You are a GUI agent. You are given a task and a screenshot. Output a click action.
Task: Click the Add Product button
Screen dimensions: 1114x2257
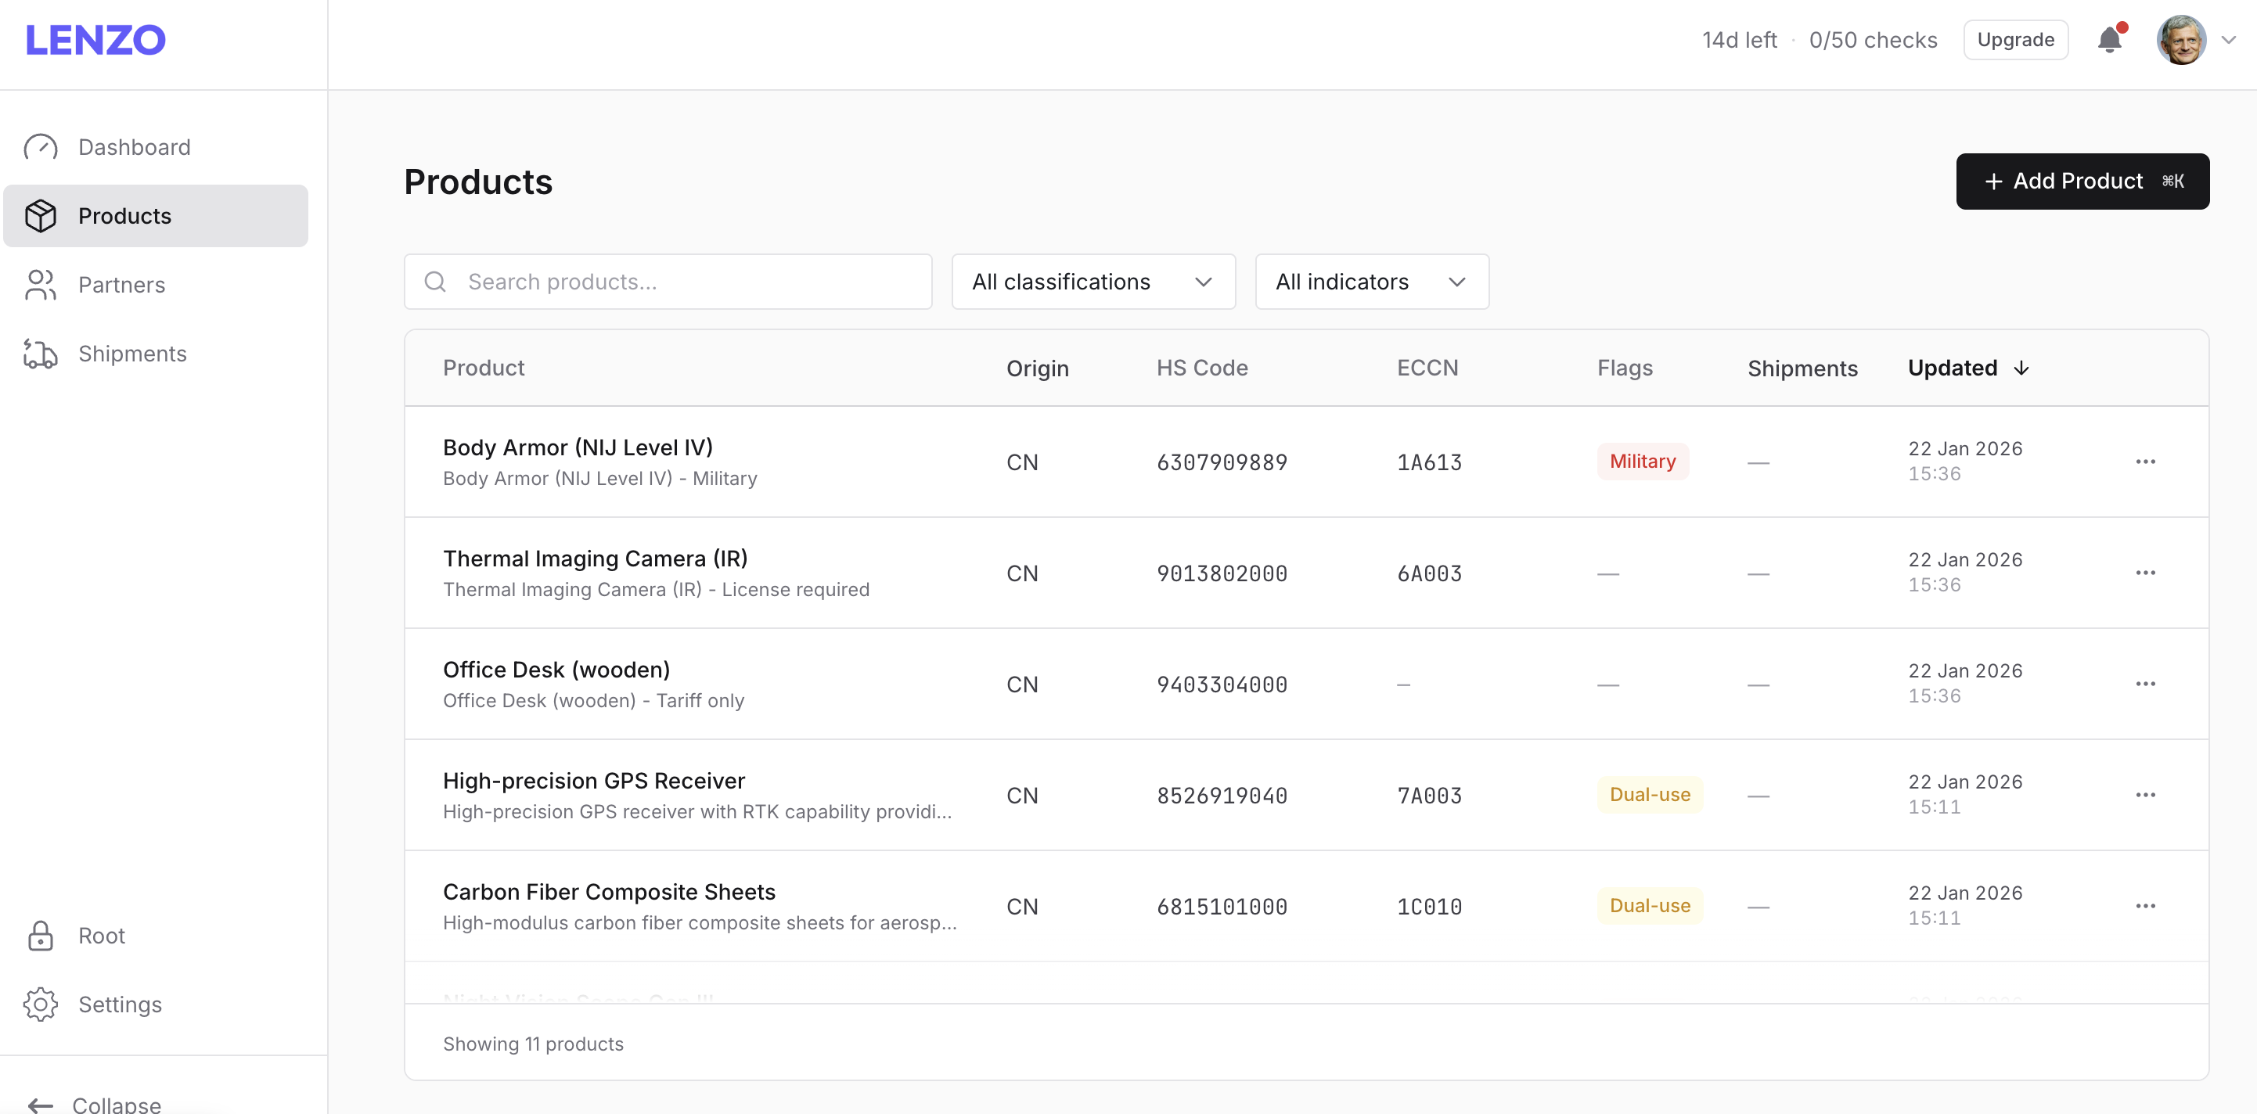[x=2082, y=181]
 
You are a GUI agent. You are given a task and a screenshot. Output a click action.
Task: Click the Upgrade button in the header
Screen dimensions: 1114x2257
[x=2015, y=40]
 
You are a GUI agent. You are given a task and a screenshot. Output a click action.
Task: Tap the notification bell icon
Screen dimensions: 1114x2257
[x=2109, y=40]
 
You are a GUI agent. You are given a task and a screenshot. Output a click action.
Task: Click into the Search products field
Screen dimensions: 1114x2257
[x=683, y=282]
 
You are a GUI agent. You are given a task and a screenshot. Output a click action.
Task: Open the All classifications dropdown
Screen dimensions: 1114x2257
[x=1093, y=282]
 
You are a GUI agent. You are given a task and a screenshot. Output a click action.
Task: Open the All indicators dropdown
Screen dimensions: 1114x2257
[x=1371, y=282]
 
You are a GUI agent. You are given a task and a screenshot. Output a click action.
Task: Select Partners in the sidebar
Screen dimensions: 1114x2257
[x=122, y=285]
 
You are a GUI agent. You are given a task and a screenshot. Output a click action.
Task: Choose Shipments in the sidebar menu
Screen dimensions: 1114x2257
[x=132, y=354]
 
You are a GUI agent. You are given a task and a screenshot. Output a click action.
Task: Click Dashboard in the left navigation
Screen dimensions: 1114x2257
[x=134, y=147]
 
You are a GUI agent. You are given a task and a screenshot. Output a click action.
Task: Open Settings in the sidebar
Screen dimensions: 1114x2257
[x=120, y=1004]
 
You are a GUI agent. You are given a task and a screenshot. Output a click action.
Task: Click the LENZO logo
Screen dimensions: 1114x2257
[x=95, y=40]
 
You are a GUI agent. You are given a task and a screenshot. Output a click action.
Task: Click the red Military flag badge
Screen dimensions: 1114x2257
[x=1642, y=462]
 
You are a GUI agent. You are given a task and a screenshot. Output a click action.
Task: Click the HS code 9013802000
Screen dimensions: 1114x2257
[x=1222, y=573]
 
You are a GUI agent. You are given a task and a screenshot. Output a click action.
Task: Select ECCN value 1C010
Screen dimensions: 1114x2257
[x=1428, y=907]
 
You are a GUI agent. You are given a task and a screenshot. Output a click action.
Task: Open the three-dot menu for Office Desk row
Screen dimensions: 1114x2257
[x=2144, y=684]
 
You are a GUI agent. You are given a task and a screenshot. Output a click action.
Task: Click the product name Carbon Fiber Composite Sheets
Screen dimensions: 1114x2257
[x=609, y=892]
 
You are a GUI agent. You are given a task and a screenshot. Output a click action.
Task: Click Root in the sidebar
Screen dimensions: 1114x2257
[x=102, y=936]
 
